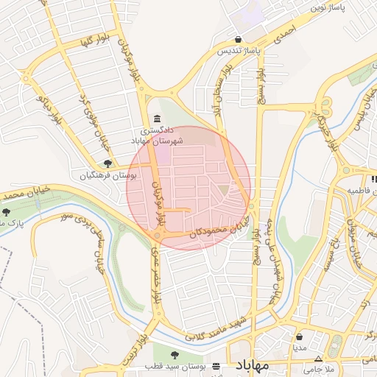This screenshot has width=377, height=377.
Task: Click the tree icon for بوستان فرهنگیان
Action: point(108,164)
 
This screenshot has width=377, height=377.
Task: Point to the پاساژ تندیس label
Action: point(239,52)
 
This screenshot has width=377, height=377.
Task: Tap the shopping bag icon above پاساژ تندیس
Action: point(238,40)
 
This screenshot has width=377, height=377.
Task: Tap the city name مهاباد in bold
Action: point(253,365)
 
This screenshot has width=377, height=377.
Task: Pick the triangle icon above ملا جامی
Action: point(318,359)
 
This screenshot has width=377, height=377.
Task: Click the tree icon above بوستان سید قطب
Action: point(175,355)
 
